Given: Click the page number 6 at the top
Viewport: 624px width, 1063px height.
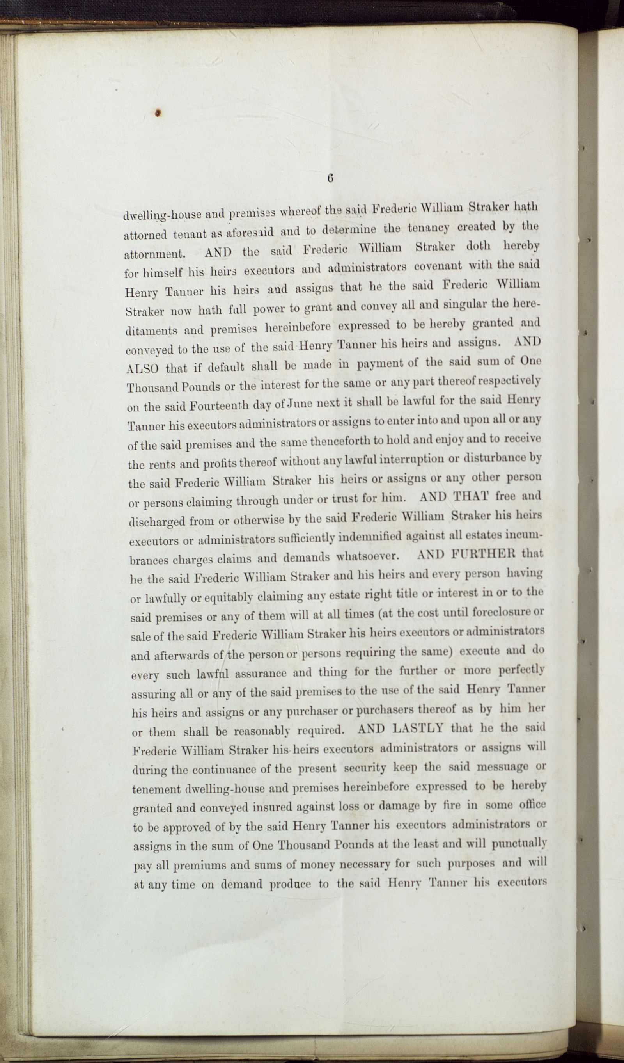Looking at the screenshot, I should (330, 178).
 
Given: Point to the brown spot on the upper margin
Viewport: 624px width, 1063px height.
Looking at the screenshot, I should (158, 113).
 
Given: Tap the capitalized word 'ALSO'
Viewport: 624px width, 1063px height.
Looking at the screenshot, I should (142, 368).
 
